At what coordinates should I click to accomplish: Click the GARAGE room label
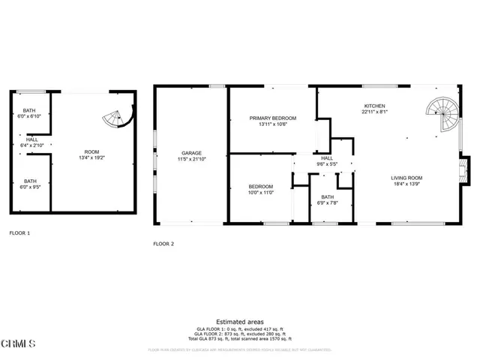coord(190,153)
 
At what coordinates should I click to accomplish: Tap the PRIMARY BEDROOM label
coord(273,118)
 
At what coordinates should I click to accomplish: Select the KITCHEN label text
coord(374,106)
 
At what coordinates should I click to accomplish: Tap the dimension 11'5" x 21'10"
coord(190,159)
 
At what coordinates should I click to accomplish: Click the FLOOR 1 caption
coord(19,233)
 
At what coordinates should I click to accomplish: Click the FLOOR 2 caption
coord(163,244)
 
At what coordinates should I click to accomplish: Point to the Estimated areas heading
coord(239,321)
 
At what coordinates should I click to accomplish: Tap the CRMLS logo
coord(18,344)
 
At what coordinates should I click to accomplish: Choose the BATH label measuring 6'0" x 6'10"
coord(31,112)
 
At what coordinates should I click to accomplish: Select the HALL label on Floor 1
coord(31,139)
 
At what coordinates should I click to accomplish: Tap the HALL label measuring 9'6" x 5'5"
coord(328,158)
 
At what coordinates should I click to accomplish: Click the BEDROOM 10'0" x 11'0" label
coord(261,187)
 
